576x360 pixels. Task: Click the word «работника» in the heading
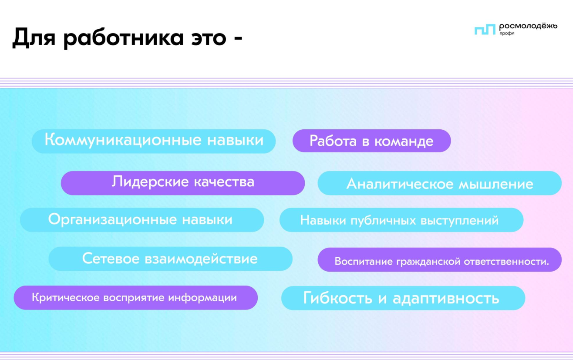click(124, 38)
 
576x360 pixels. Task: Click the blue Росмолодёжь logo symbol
click(485, 30)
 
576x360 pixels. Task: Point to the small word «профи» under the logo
click(507, 33)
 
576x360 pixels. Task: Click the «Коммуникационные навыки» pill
click(154, 141)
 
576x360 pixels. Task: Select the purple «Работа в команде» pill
click(371, 141)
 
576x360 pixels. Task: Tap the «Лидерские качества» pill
click(183, 183)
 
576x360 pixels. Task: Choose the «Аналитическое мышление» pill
click(440, 183)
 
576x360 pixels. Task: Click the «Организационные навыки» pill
click(142, 220)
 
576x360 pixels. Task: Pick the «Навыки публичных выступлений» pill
click(401, 220)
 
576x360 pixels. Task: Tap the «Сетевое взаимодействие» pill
click(171, 259)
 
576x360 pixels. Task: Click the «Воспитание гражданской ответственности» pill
click(440, 260)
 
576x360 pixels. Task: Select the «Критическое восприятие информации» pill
click(136, 298)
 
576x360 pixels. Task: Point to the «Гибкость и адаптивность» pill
click(403, 298)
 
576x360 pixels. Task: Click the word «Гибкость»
click(337, 297)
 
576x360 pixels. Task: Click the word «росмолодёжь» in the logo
click(528, 26)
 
